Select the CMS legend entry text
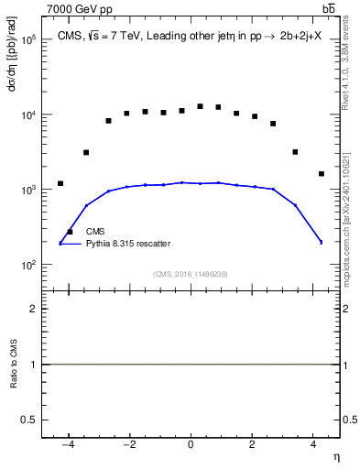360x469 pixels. (x=96, y=233)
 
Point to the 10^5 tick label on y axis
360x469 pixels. (x=28, y=40)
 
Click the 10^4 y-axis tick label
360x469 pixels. (x=28, y=115)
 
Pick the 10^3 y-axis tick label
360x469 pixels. (x=28, y=190)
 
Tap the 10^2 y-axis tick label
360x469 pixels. (x=28, y=265)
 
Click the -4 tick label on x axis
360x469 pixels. (x=68, y=444)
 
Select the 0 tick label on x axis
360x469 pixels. (x=191, y=444)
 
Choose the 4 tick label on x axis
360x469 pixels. (x=313, y=444)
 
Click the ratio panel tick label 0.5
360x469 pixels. (x=29, y=419)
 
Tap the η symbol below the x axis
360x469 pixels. (x=334, y=456)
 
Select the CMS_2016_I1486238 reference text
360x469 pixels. (x=191, y=274)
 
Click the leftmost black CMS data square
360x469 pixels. (x=60, y=183)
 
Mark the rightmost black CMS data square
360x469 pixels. (x=321, y=173)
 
